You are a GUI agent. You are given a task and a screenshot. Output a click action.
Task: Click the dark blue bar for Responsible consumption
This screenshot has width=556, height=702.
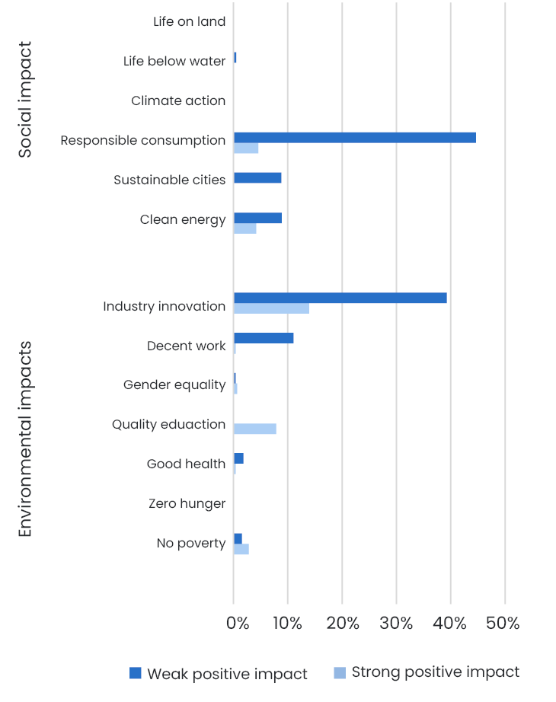tap(354, 138)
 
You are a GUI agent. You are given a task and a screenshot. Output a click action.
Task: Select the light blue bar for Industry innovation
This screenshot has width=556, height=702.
tap(271, 308)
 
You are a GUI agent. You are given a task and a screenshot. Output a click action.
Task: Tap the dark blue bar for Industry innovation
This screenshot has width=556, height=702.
tap(340, 298)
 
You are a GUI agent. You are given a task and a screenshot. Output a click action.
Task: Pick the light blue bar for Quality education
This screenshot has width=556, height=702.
tap(254, 429)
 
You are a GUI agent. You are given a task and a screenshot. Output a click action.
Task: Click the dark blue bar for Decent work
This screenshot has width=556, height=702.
tap(264, 338)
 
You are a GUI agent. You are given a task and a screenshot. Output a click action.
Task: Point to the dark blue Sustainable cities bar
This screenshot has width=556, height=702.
tap(257, 178)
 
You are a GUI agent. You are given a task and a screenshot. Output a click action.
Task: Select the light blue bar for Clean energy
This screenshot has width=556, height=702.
tap(244, 228)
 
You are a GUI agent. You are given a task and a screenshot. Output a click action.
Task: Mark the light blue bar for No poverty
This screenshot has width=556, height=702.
tap(241, 549)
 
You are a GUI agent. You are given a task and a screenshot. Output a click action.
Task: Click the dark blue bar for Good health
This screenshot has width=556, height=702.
tap(238, 458)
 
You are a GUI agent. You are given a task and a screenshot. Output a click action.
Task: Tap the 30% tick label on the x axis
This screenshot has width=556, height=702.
tap(396, 624)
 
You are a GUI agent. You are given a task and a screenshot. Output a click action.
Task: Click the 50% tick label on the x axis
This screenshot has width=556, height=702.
tap(503, 624)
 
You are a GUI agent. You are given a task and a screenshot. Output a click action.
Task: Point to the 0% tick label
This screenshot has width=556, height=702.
tap(238, 624)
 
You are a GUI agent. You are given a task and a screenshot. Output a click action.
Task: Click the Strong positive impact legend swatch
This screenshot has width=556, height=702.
tap(340, 672)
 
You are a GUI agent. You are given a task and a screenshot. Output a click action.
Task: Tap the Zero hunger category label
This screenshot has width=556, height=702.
tap(187, 503)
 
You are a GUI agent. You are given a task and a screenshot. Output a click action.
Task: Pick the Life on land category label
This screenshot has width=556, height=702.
tap(189, 21)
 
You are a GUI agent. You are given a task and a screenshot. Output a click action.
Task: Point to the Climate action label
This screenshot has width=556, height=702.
tap(178, 101)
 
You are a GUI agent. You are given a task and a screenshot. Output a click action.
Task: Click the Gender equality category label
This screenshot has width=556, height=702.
tap(174, 385)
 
